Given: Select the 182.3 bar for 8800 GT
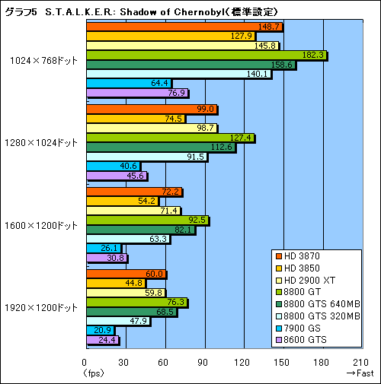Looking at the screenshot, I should pos(206,55).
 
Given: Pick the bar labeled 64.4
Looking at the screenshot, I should pos(129,83).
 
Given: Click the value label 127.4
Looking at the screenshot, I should pos(242,138).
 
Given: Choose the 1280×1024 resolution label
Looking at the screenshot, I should pos(44,142).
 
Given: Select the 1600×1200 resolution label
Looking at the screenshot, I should pos(44,225).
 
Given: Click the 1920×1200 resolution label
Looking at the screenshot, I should pos(44,307).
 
